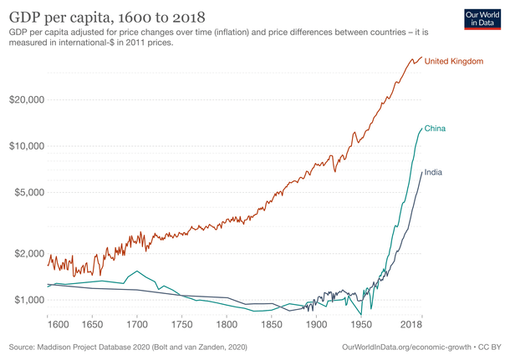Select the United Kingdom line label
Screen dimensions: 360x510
[456, 63]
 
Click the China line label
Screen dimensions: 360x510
[434, 128]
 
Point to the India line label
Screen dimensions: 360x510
[433, 172]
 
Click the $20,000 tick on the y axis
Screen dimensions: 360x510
[26, 99]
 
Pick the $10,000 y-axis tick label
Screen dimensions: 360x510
[26, 145]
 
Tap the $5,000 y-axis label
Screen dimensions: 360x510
[28, 192]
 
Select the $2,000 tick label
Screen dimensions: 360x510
[28, 253]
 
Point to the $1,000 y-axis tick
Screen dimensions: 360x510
[28, 299]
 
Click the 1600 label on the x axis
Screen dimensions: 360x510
[58, 323]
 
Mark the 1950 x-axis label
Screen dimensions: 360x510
[362, 323]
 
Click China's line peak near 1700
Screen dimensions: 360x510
[135, 271]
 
